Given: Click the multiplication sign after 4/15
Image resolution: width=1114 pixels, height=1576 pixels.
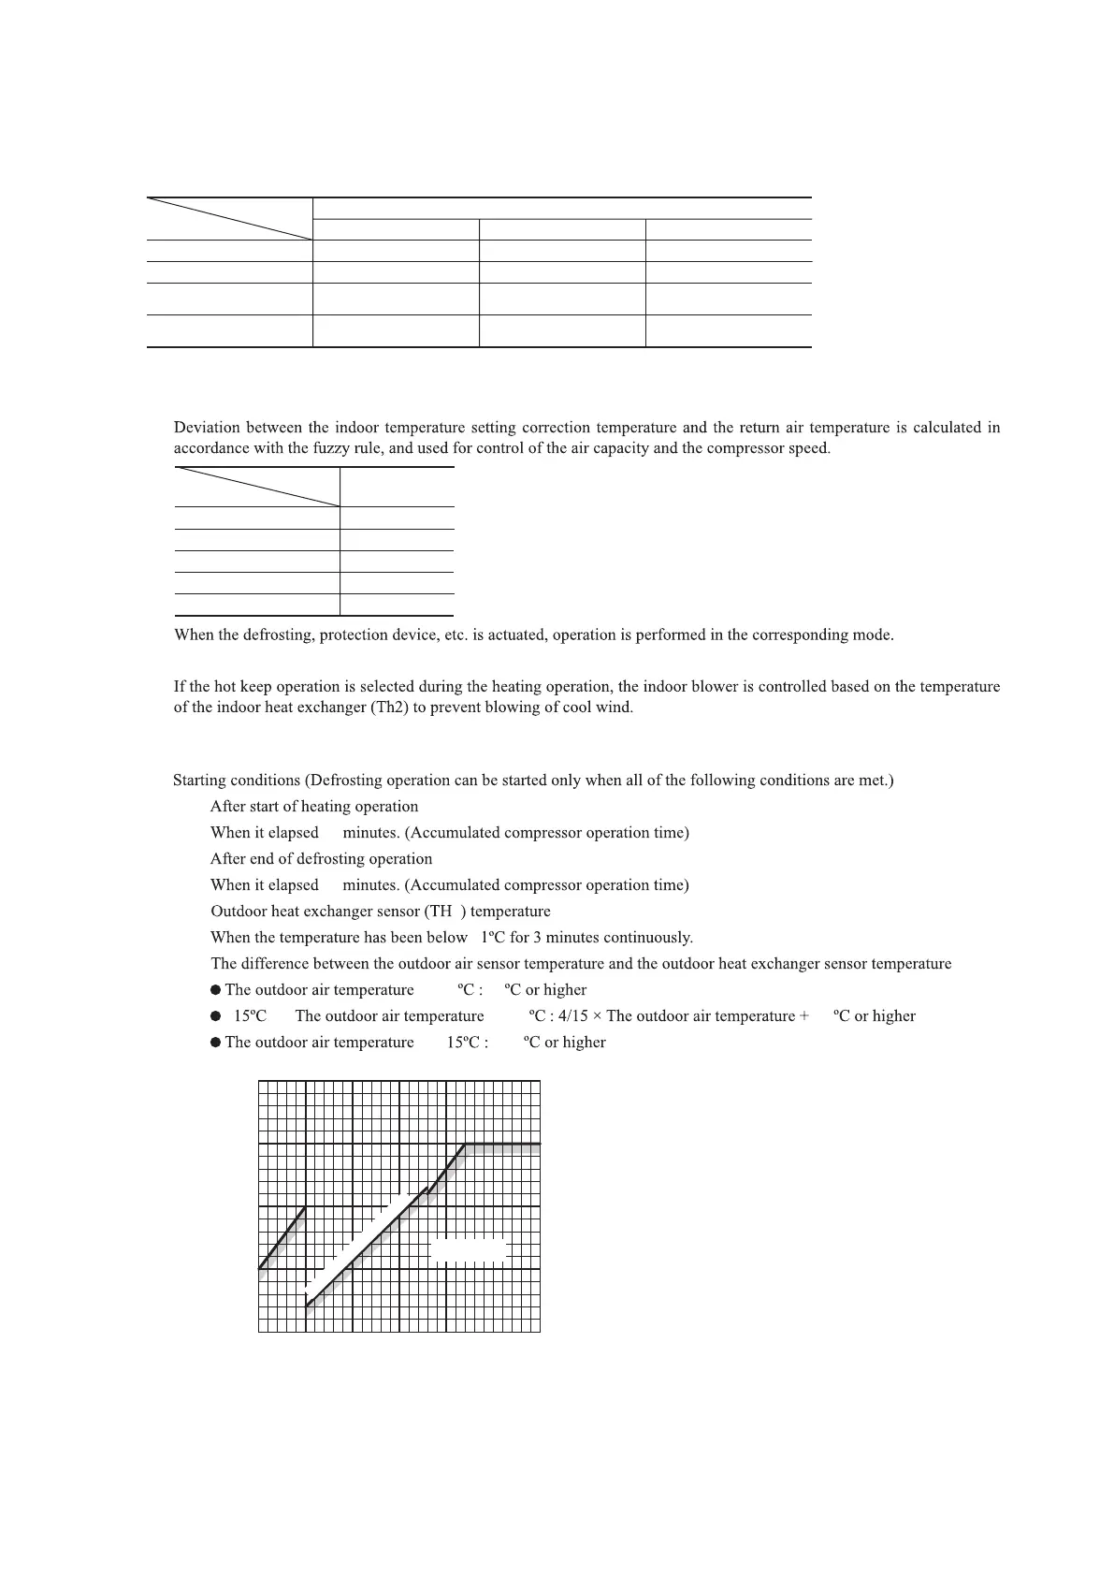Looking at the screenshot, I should click(x=597, y=1016).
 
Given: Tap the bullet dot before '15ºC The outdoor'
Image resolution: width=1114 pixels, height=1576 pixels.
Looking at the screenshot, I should click(x=216, y=1016).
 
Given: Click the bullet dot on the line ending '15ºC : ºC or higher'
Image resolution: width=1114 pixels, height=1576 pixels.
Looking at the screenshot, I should click(x=216, y=1043).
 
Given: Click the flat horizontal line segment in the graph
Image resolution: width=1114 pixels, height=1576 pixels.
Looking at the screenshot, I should click(x=503, y=1145).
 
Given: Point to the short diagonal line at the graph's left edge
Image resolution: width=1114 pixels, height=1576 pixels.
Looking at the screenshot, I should click(x=282, y=1239).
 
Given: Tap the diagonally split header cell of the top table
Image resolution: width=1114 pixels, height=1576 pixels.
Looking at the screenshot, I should click(x=229, y=219).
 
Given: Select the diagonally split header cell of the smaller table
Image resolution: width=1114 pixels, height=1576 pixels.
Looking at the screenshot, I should click(x=256, y=487).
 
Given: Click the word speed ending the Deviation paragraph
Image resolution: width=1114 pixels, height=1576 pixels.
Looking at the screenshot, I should click(x=809, y=448).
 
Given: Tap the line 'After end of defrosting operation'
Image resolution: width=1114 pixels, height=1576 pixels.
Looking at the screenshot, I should click(x=321, y=859).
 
